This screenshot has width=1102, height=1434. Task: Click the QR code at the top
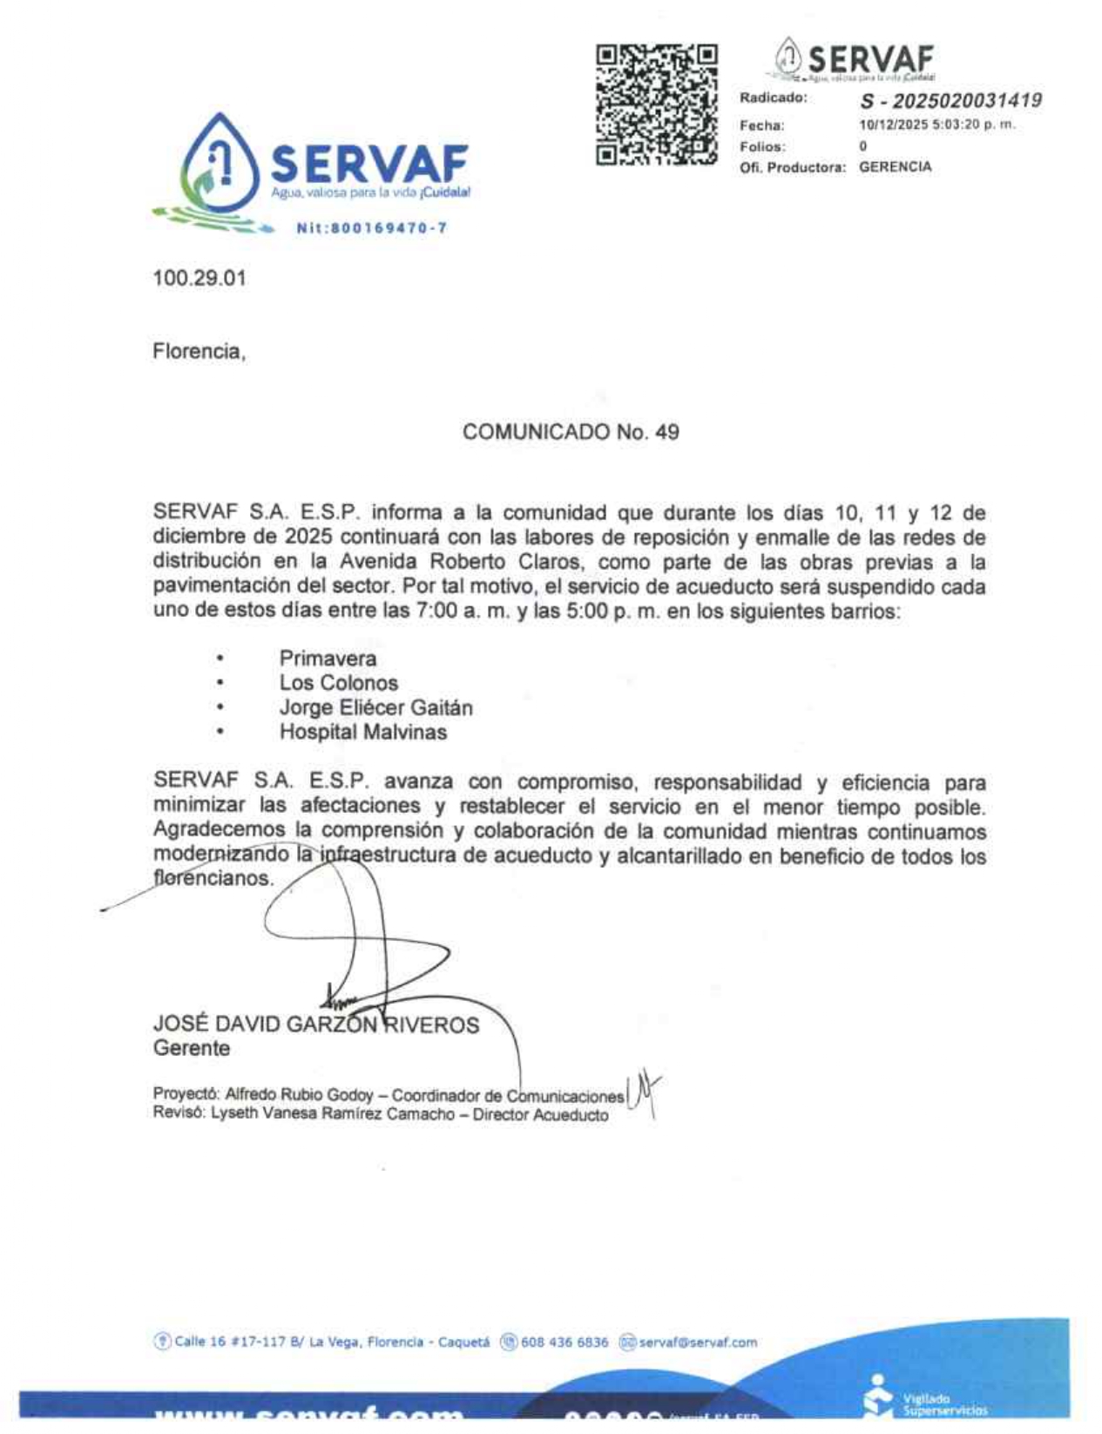click(656, 105)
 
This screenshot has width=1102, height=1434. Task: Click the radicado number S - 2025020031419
click(950, 101)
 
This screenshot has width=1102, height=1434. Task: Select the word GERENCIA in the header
click(895, 166)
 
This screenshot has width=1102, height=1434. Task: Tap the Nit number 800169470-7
click(372, 228)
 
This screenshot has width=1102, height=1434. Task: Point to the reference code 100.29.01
click(199, 279)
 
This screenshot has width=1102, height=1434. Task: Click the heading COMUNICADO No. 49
click(571, 432)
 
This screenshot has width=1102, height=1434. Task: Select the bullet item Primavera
click(328, 659)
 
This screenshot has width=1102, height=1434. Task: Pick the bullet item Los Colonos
click(338, 683)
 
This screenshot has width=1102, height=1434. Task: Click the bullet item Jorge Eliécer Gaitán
click(375, 707)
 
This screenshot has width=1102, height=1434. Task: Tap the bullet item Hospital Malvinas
click(362, 732)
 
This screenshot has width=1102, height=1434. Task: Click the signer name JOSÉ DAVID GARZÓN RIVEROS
click(315, 1025)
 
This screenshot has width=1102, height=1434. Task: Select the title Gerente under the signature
click(192, 1048)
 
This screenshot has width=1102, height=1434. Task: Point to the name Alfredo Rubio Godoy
click(299, 1094)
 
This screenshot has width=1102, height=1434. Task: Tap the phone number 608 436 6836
click(565, 1343)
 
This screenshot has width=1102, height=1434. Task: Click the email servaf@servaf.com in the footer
click(698, 1343)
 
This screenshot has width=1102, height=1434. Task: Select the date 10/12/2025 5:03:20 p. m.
click(937, 125)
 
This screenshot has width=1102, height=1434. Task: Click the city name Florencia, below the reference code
click(199, 352)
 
